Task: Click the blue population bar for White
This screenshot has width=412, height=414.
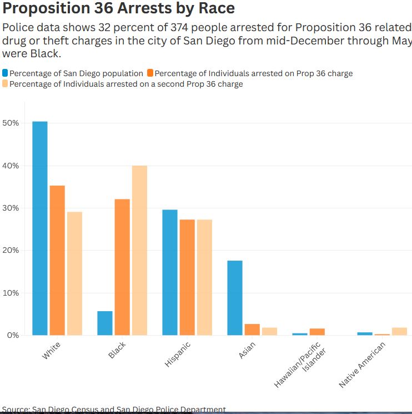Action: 40,228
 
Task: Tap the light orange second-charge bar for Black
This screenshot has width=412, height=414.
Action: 139,250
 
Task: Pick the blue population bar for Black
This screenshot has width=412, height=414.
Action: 105,323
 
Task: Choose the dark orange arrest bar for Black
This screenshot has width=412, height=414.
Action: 122,267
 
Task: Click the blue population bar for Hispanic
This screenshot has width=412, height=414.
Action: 170,272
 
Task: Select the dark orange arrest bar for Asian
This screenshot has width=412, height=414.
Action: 252,330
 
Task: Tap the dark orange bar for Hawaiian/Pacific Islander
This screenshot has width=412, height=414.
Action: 317,332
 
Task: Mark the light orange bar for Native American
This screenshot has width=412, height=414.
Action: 399,331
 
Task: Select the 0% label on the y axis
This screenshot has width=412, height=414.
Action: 13,335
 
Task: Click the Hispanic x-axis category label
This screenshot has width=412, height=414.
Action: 178,353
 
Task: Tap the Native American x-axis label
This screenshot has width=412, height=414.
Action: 363,365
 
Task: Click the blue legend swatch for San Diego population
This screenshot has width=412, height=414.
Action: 5,73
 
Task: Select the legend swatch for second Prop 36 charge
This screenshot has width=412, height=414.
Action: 5,84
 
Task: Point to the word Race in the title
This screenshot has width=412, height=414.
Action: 215,8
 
